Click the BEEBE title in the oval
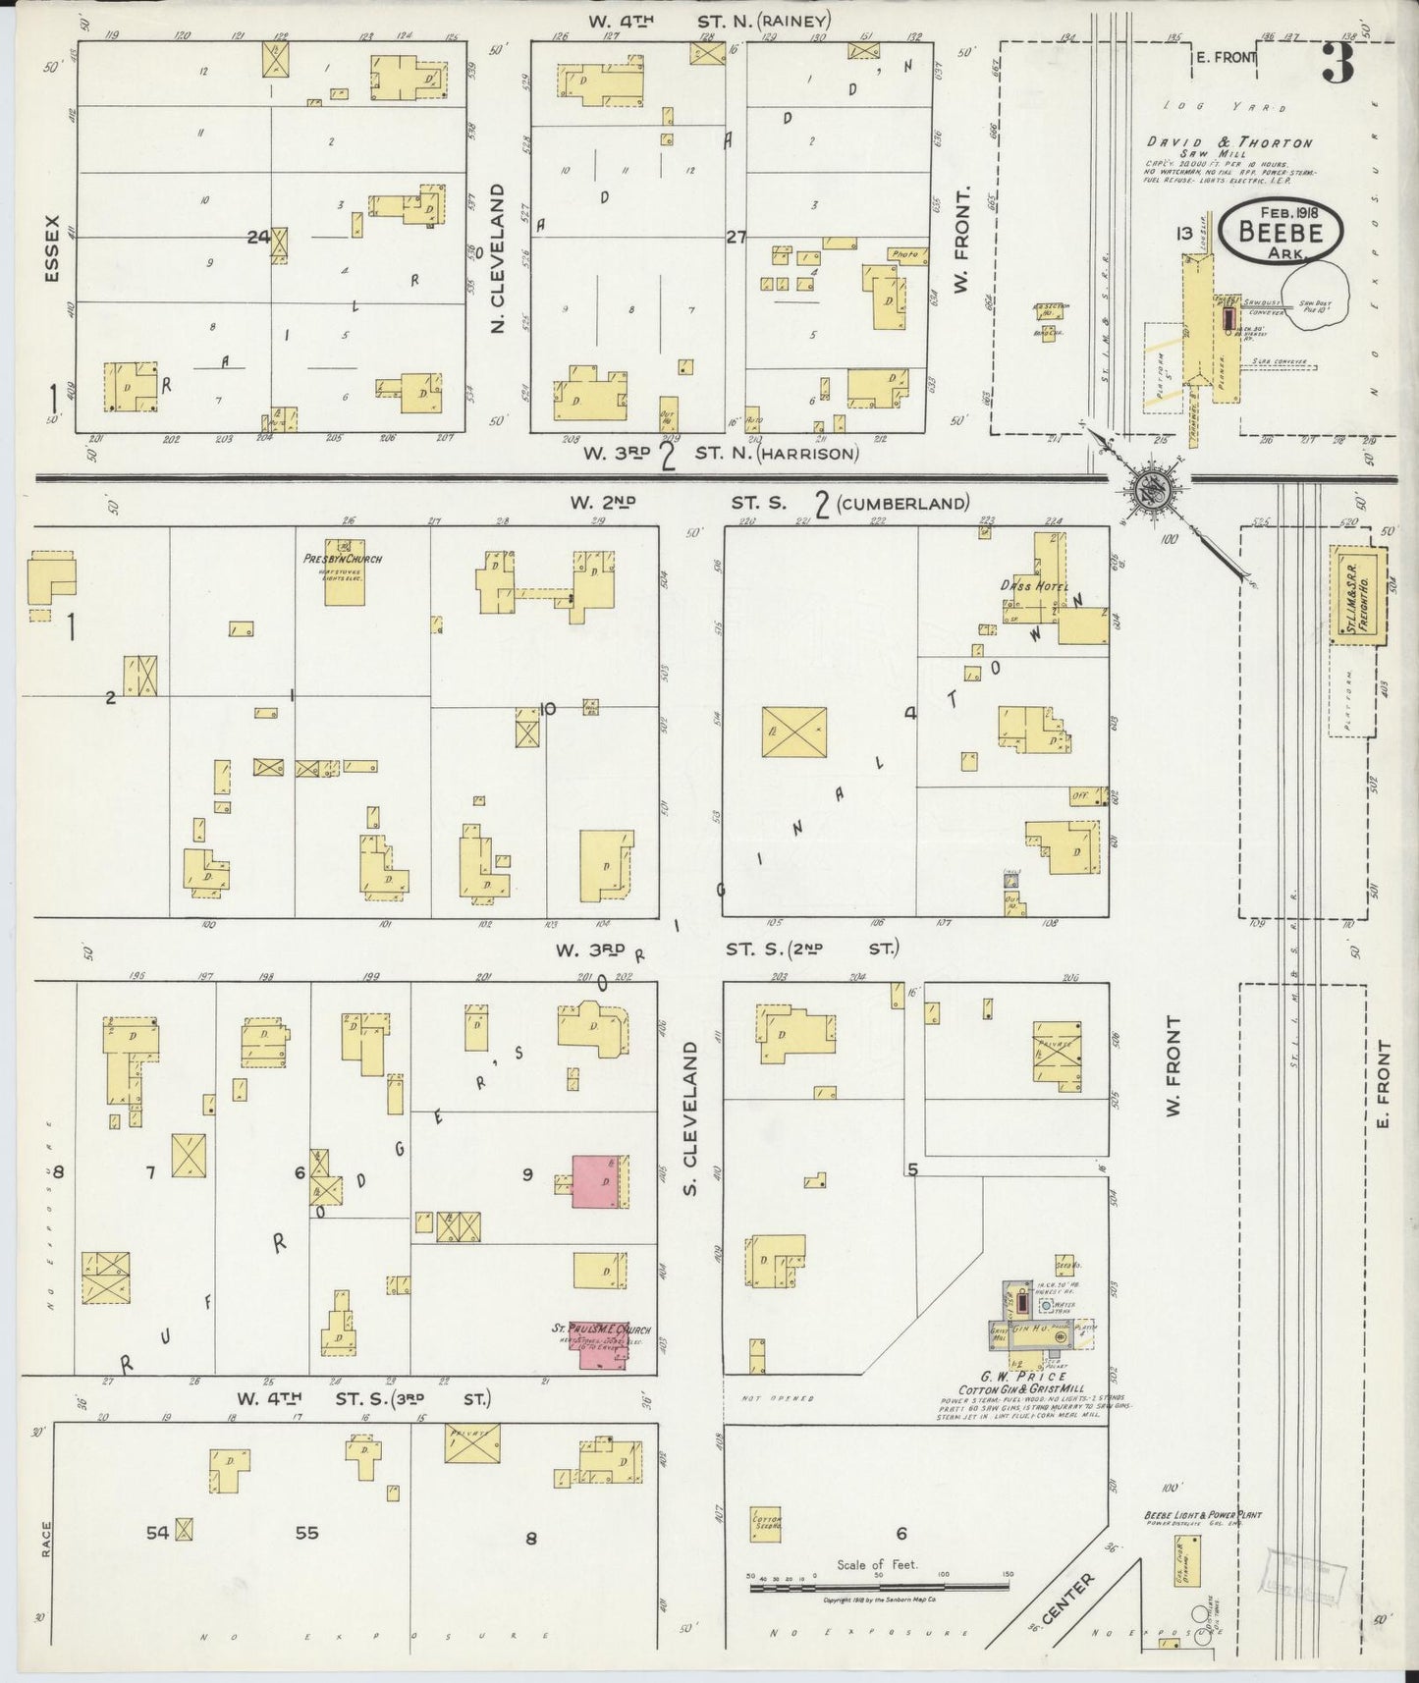1280,233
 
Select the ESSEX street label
51,248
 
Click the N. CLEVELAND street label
497,256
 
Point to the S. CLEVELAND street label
689,1104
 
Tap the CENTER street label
1067,1598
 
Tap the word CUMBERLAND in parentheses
904,504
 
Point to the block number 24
257,237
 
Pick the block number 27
737,237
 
